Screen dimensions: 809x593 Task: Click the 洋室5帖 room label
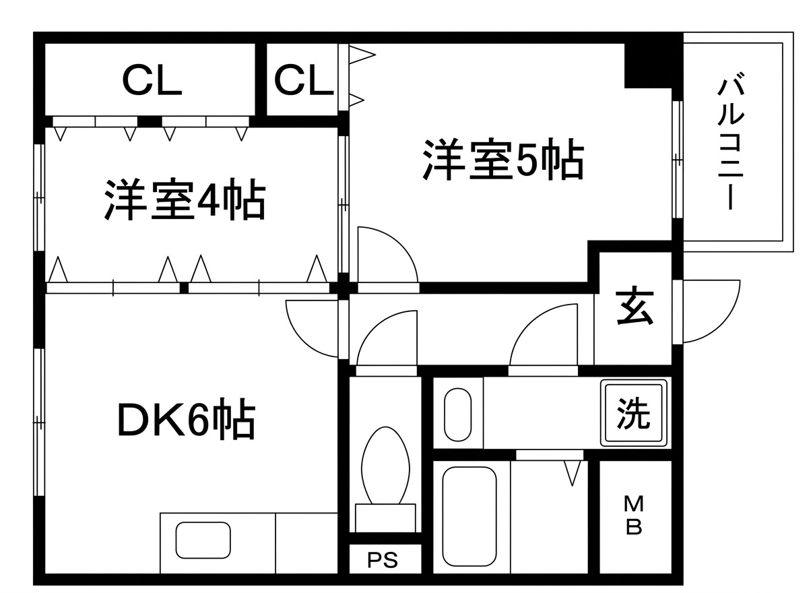pos(503,159)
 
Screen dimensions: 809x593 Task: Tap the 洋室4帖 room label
pos(185,199)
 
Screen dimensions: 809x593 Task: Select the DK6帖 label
pos(187,418)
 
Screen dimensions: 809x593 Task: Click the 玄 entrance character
pos(635,307)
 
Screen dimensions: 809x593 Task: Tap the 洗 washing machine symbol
pos(633,412)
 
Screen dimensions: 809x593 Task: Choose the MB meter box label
pos(634,516)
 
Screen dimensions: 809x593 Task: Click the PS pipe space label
pos(383,561)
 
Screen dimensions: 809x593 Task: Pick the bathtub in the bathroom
pos(469,517)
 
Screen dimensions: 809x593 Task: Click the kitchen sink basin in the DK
pos(203,540)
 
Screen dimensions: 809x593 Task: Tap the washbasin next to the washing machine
pos(457,414)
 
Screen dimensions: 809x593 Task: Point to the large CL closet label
pos(152,81)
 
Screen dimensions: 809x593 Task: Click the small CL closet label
pos(303,80)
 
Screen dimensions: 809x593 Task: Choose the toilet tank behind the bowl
pos(385,518)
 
